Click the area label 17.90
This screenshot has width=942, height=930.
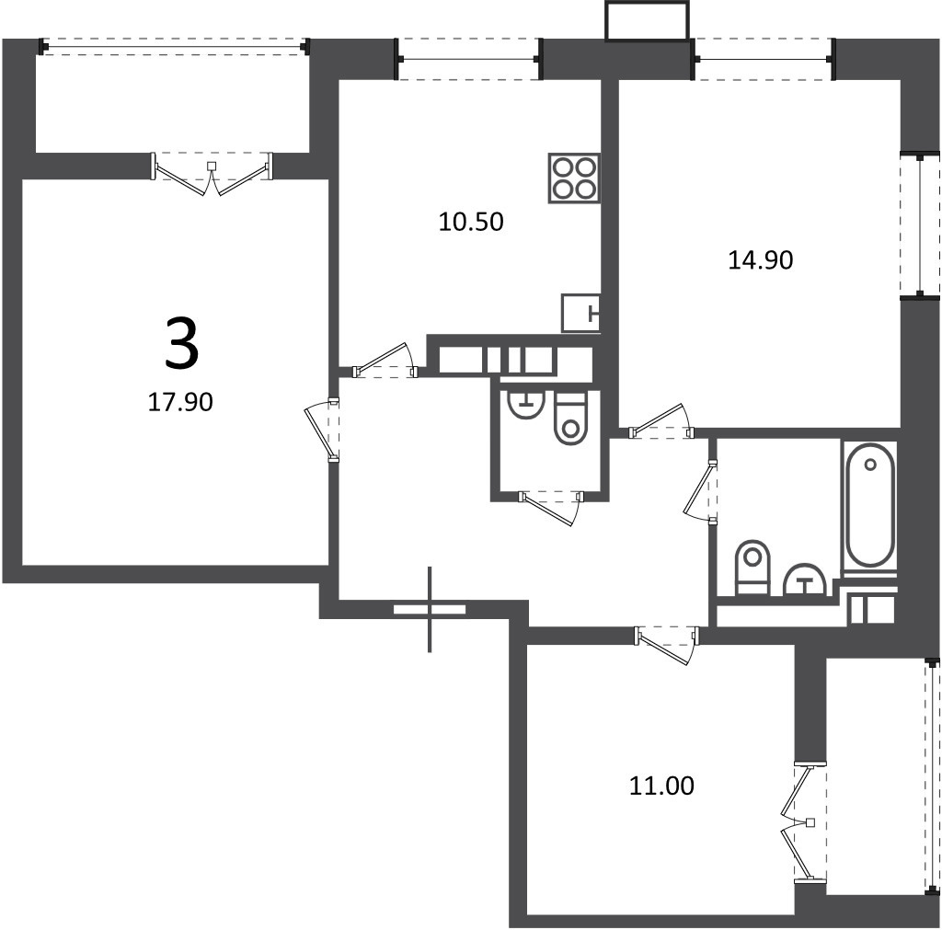[x=180, y=402]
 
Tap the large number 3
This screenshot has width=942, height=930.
[x=181, y=344]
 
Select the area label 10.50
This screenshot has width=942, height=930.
[x=471, y=222]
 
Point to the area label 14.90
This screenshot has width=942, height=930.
[x=761, y=260]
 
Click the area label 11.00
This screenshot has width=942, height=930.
[x=661, y=786]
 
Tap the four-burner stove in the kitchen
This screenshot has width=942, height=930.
[x=574, y=178]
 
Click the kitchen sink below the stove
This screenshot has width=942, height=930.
[x=581, y=313]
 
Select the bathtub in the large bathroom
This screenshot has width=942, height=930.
[x=870, y=510]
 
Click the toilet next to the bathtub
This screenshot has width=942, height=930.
[x=752, y=568]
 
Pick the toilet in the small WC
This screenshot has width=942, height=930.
[x=570, y=419]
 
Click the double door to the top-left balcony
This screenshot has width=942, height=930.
[x=212, y=174]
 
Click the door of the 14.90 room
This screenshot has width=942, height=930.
[x=661, y=421]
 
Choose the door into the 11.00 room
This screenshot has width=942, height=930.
[x=667, y=645]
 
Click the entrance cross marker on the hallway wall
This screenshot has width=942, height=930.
[x=430, y=609]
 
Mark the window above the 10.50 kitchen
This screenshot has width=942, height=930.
[x=468, y=59]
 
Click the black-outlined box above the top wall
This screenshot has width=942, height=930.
[x=647, y=21]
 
